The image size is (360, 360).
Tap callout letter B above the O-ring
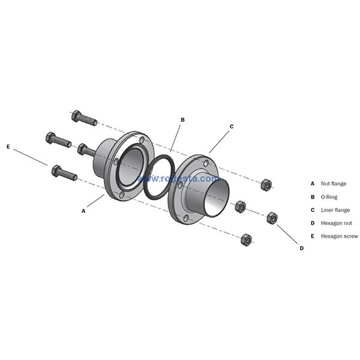coord(183,120)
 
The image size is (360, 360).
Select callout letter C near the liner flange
coord(232,127)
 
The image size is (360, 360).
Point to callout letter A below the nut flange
coord(83,211)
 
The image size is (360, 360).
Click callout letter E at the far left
coord(8,146)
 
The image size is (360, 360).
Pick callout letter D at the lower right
coord(302,248)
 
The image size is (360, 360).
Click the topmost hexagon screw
coord(84,118)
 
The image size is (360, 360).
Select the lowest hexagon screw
coord(65,173)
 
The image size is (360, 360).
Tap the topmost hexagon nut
coord(266,184)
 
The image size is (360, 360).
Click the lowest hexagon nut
coord(246,240)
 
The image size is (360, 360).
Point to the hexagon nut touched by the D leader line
coord(272,218)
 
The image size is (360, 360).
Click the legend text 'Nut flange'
coord(334,184)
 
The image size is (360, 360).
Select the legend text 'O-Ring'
coord(329,197)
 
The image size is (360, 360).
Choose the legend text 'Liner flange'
coord(335,210)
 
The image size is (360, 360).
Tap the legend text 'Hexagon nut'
coord(337,223)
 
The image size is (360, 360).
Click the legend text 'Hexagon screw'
coord(340,236)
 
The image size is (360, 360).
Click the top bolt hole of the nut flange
coord(142,140)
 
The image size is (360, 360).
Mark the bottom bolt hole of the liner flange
coord(186,218)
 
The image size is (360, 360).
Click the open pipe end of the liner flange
coord(217,197)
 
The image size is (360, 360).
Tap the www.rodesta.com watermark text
coord(178,179)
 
